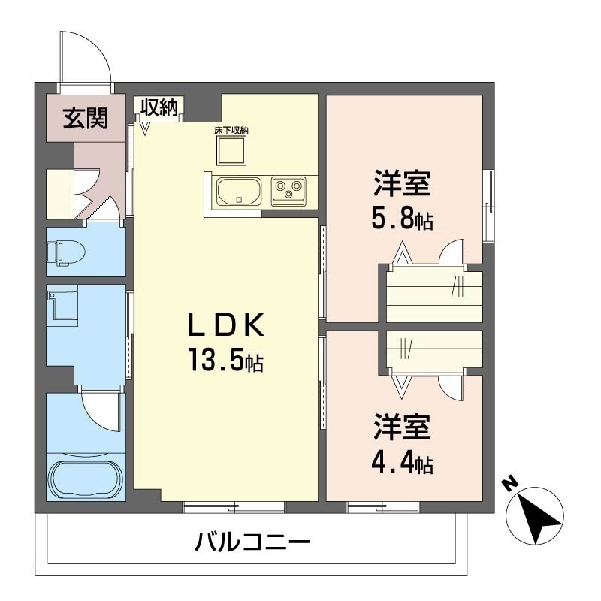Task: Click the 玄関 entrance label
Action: (86, 118)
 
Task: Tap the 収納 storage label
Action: (159, 107)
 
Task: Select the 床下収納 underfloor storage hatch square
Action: (231, 152)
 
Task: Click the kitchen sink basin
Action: (239, 192)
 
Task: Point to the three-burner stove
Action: (288, 192)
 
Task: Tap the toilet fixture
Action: (65, 252)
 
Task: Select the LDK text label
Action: (226, 325)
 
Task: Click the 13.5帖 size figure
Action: (225, 360)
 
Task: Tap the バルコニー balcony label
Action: (252, 542)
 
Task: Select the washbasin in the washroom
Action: (62, 305)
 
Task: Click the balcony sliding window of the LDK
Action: (234, 506)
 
